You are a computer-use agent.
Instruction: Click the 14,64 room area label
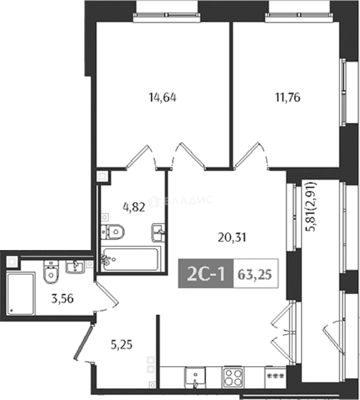tap(162, 98)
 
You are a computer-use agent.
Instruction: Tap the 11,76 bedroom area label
tap(287, 97)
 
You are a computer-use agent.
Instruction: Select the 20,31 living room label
tap(232, 237)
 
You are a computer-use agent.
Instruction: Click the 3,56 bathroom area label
tap(63, 298)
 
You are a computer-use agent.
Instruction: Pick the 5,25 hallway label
tap(121, 345)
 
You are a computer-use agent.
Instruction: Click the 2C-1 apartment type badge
tap(206, 274)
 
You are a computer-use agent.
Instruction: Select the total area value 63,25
tap(255, 274)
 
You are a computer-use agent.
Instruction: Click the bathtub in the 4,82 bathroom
tap(131, 259)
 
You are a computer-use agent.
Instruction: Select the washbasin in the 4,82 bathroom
tap(158, 232)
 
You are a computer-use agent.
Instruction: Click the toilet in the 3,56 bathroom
tap(51, 272)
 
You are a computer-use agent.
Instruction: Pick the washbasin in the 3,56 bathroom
tap(75, 267)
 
